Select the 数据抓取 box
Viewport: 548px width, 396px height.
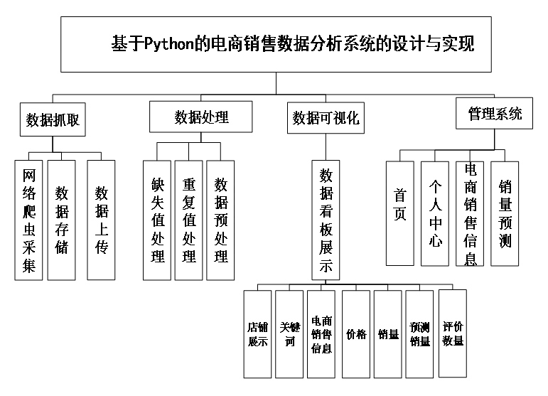[x=53, y=120]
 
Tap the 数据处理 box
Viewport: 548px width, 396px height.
[x=201, y=117]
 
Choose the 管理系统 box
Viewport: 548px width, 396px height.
[x=495, y=114]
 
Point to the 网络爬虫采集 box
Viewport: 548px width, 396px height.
[x=28, y=220]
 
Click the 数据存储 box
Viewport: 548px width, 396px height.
[x=62, y=220]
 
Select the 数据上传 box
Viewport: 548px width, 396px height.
[x=101, y=220]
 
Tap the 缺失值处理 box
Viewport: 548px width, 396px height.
[x=157, y=220]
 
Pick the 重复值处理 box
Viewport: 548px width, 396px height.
[x=188, y=220]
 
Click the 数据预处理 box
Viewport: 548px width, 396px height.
[x=220, y=220]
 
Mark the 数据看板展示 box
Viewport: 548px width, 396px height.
[x=326, y=220]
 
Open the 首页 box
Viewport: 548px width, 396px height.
[x=400, y=213]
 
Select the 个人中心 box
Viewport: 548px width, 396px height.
[x=435, y=213]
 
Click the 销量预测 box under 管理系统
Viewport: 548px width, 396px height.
[x=505, y=213]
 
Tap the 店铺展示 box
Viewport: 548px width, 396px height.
[x=257, y=334]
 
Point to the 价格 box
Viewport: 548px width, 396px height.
[x=356, y=334]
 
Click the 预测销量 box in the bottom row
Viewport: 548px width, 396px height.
[x=419, y=334]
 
